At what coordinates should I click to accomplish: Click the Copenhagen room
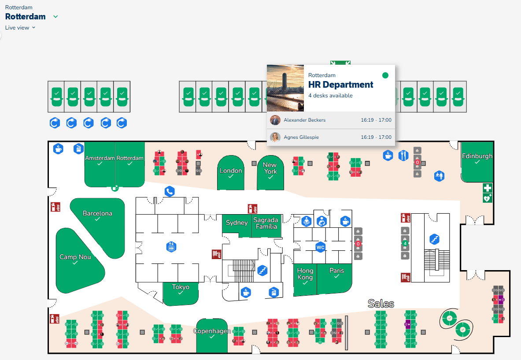tap(212, 334)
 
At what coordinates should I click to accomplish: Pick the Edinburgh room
tap(477, 159)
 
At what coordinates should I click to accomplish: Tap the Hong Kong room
tap(305, 277)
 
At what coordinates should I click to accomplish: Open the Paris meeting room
tap(336, 273)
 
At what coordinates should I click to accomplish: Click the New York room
tap(270, 170)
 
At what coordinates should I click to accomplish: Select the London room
tap(231, 173)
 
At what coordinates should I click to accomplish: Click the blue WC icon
tap(320, 248)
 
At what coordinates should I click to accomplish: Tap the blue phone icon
tap(170, 191)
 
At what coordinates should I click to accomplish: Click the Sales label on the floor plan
tap(381, 304)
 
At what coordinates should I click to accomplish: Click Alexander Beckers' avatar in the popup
tap(275, 120)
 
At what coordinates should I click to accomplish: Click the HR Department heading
tap(340, 85)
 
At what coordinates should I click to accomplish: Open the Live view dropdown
tap(20, 28)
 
